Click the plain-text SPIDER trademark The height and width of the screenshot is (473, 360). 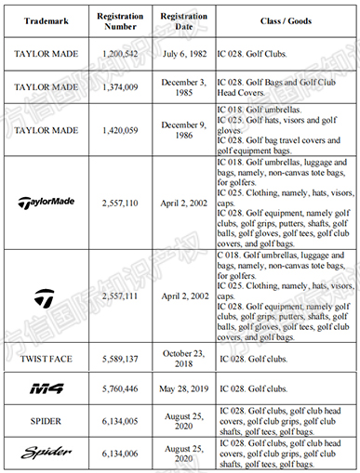pos(47,420)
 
